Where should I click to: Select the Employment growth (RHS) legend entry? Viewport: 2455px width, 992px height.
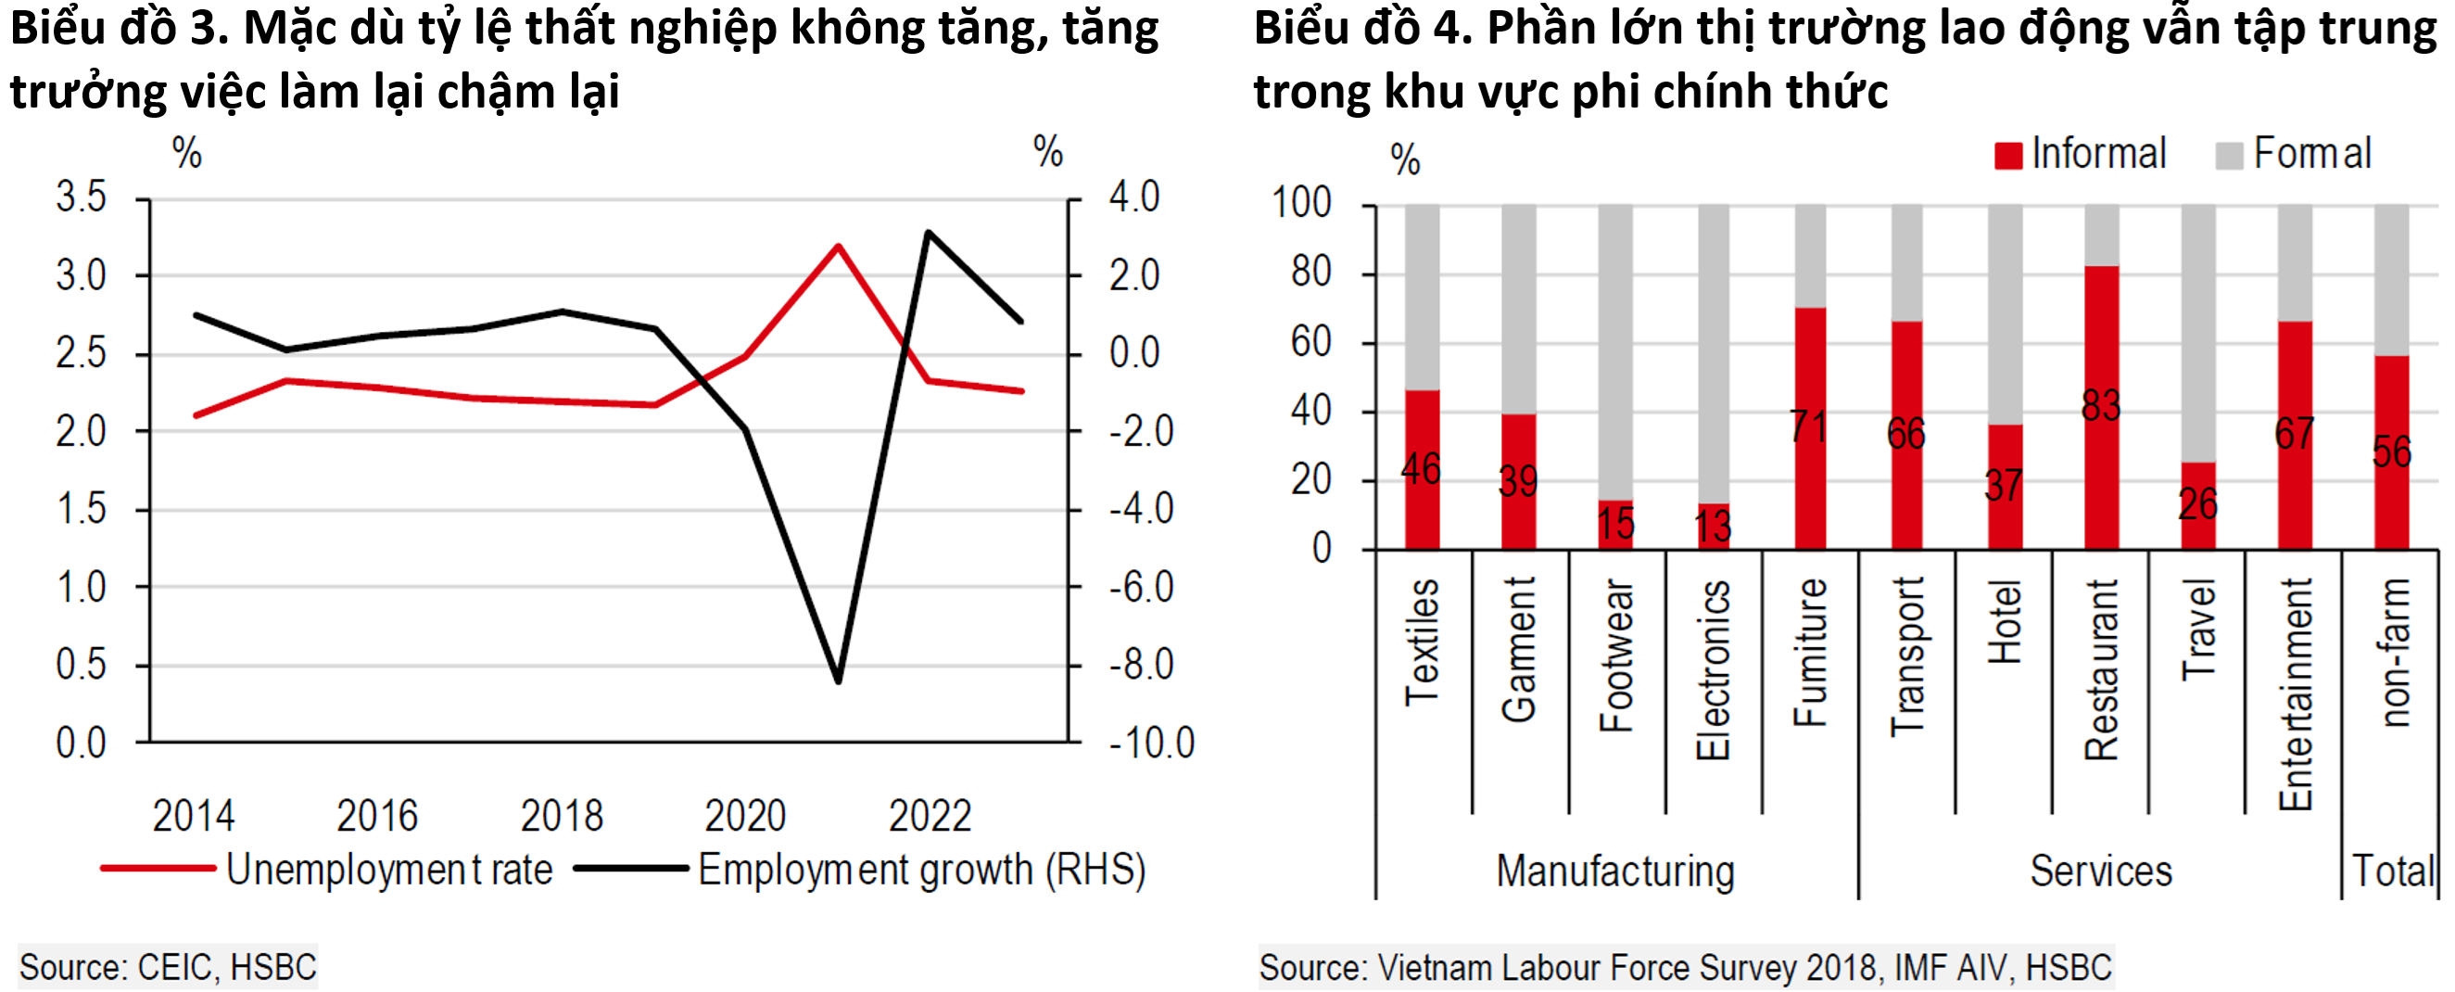tap(920, 869)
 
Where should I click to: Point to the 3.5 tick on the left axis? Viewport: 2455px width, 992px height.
tap(81, 197)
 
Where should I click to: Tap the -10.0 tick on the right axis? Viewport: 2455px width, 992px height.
tap(1151, 744)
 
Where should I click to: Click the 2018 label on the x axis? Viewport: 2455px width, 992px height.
tap(562, 816)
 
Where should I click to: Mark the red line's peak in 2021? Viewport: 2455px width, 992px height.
tap(838, 247)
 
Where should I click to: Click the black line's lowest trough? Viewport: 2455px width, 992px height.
tap(838, 681)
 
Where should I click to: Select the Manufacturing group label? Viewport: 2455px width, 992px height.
tap(1615, 871)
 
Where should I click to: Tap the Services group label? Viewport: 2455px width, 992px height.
tap(2100, 871)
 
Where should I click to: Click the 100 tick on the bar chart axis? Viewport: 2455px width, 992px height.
tap(1301, 203)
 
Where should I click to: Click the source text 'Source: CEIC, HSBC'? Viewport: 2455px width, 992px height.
tap(168, 967)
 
